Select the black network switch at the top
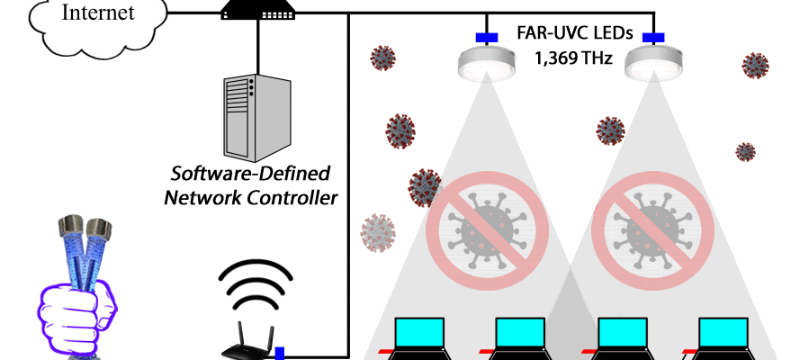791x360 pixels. tap(259, 10)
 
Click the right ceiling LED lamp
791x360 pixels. tap(652, 61)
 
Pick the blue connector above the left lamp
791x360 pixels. tap(487, 38)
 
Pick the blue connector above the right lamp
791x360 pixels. tap(652, 38)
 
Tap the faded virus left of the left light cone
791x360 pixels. tap(378, 232)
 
